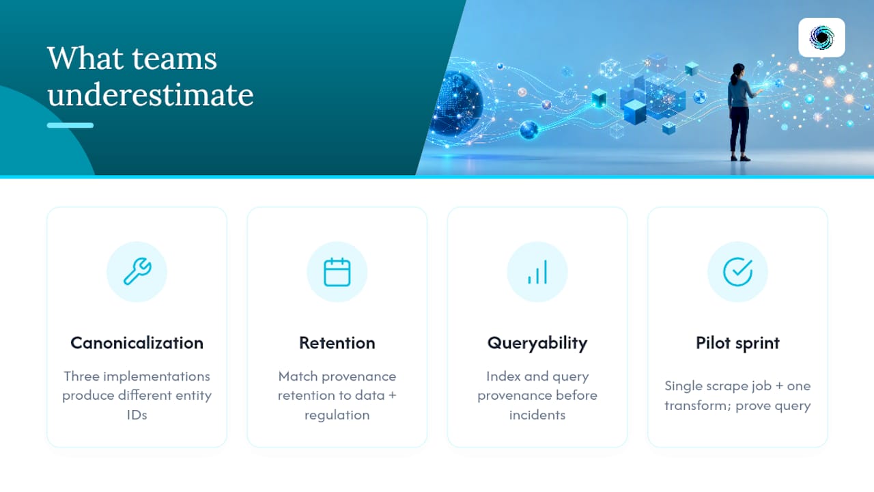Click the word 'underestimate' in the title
pyautogui.click(x=151, y=94)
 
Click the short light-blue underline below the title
pyautogui.click(x=70, y=125)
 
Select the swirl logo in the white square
pyautogui.click(x=821, y=38)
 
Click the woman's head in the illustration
pyautogui.click(x=738, y=70)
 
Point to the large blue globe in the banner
pyautogui.click(x=457, y=103)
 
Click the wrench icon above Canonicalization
pyautogui.click(x=137, y=271)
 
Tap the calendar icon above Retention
pyautogui.click(x=337, y=272)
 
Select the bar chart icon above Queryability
pyautogui.click(x=537, y=272)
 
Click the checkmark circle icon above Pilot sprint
pyautogui.click(x=737, y=272)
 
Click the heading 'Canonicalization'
pyautogui.click(x=137, y=343)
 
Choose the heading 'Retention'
pyautogui.click(x=337, y=343)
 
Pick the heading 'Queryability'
pyautogui.click(x=537, y=344)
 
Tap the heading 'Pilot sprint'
pyautogui.click(x=737, y=344)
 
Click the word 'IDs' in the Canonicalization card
pyautogui.click(x=137, y=415)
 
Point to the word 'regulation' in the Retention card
pyautogui.click(x=337, y=415)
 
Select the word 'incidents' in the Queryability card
pyautogui.click(x=537, y=415)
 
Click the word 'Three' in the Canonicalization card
pyautogui.click(x=81, y=377)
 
